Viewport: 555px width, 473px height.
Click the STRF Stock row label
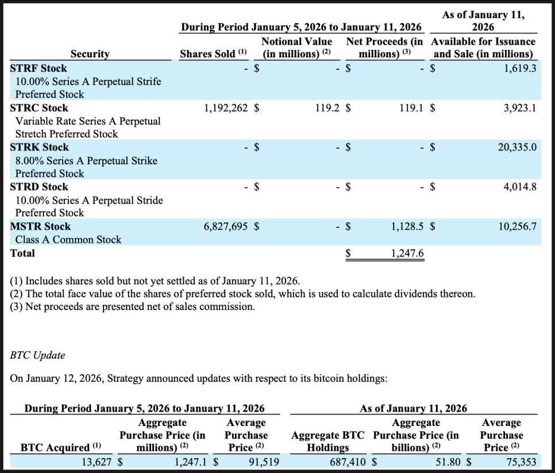coord(38,68)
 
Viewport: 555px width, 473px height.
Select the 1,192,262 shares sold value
coord(226,108)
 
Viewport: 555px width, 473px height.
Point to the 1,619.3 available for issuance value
coord(520,68)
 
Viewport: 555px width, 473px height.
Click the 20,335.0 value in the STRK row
coord(517,148)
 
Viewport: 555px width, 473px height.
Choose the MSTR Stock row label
coord(40,227)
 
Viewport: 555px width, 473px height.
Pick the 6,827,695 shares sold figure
coord(226,227)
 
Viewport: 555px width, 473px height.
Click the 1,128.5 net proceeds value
coord(407,227)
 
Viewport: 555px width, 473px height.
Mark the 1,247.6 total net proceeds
coord(407,253)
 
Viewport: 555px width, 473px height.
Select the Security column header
coord(90,54)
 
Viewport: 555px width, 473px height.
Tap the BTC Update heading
coord(37,355)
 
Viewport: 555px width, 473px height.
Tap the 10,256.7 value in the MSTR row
coord(517,227)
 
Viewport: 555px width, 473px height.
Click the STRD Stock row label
coord(39,187)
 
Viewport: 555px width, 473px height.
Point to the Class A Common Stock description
coord(68,240)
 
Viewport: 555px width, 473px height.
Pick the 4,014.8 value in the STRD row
coord(520,187)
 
